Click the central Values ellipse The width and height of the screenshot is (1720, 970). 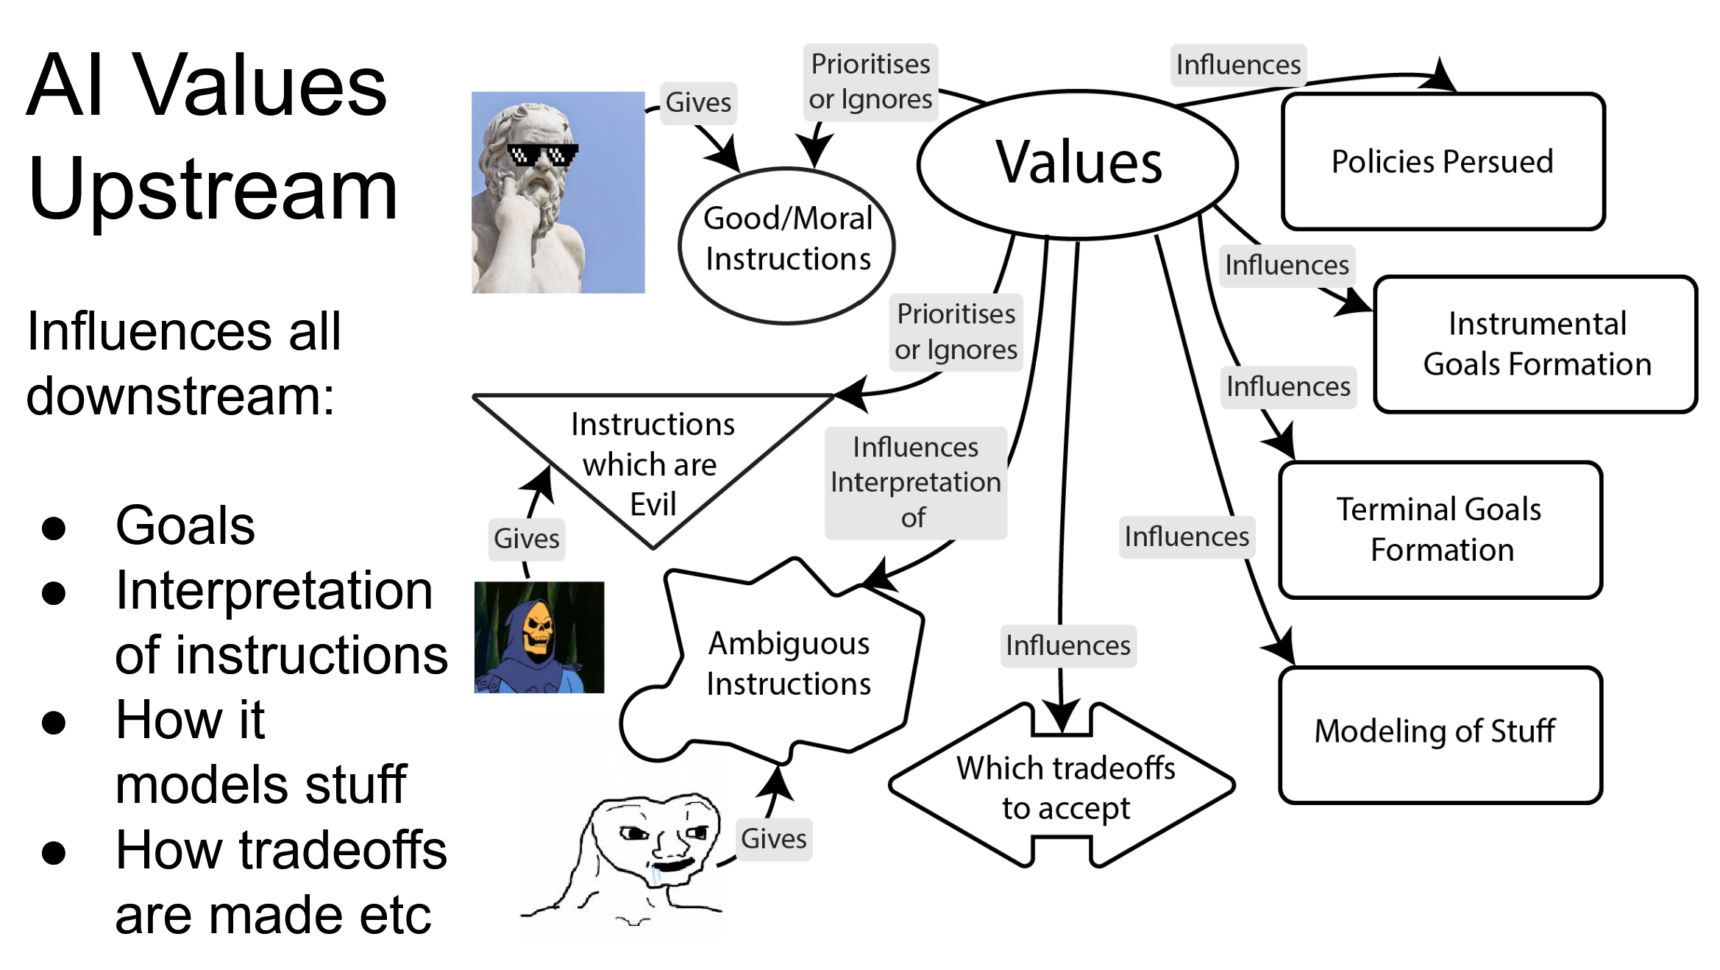coord(1078,163)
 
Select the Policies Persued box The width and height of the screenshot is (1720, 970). coord(1442,162)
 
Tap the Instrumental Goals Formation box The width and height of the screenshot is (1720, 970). coord(1536,344)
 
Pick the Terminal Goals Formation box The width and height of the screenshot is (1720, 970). coord(1440,530)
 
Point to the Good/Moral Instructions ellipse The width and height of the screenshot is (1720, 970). coord(787,244)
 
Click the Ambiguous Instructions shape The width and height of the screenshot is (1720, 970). coord(787,662)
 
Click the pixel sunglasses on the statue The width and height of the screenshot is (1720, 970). coord(542,155)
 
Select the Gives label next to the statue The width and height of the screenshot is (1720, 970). coord(697,102)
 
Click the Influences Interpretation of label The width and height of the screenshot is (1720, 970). coord(915,483)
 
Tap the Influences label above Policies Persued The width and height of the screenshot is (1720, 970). coord(1238,65)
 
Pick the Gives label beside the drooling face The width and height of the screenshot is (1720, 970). coord(773,839)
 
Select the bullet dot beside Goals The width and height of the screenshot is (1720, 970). coord(54,528)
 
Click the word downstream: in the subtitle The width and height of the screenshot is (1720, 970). coord(180,396)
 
